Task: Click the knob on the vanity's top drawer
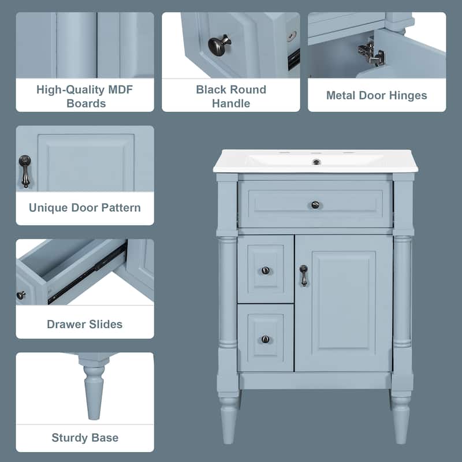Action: tap(315, 204)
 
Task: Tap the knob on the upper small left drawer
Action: tap(265, 270)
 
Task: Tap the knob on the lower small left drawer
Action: tap(265, 339)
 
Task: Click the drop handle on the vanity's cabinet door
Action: tap(303, 275)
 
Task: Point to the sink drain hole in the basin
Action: tap(316, 162)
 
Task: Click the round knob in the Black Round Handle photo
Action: tap(219, 44)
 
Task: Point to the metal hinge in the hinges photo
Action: tap(370, 53)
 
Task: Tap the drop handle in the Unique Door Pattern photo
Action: tap(24, 171)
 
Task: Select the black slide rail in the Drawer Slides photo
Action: tap(87, 274)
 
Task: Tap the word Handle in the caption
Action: tap(230, 104)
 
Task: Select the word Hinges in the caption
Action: tap(408, 95)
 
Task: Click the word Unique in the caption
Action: tap(49, 207)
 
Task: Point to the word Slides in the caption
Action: tap(104, 324)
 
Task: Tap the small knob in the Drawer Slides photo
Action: tap(21, 295)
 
